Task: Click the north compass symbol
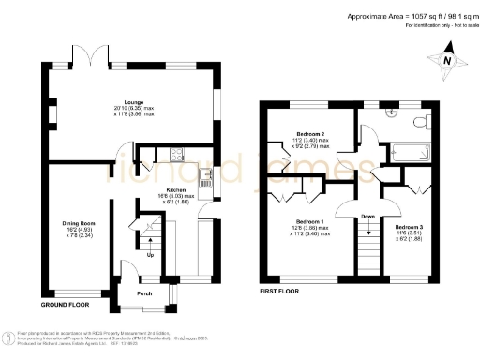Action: (x=448, y=59)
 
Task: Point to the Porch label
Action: (x=144, y=292)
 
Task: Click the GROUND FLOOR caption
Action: (x=65, y=305)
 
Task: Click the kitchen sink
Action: (x=212, y=174)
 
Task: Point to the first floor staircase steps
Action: (x=368, y=253)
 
